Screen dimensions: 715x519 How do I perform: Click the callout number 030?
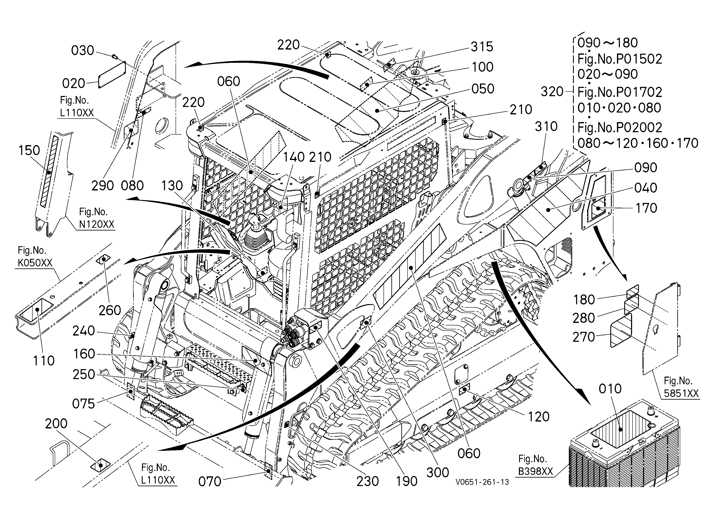pos(83,50)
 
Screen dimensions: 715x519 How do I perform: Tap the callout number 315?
pos(482,47)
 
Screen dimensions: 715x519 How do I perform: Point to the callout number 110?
pos(44,360)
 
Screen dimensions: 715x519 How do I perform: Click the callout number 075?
pos(84,404)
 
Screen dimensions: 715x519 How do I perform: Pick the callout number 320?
pos(552,92)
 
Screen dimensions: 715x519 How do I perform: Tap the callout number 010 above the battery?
pos(610,389)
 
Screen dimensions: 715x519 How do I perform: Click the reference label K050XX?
pos(35,263)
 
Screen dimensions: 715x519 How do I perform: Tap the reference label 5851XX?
pos(681,393)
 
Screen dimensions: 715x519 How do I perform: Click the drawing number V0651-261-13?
pos(482,482)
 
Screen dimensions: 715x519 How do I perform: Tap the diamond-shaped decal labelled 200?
pos(100,465)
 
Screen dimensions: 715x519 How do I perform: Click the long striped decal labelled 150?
pos(49,172)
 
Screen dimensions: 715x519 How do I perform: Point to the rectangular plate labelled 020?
pos(112,74)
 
